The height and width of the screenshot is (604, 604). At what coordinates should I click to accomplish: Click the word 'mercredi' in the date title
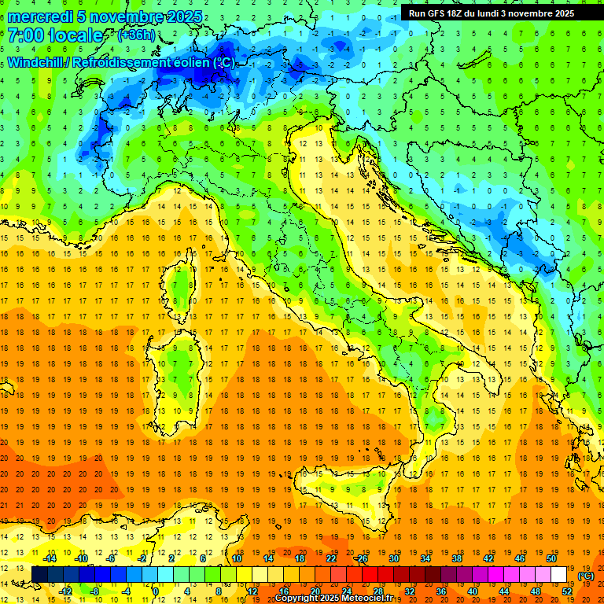(x=42, y=17)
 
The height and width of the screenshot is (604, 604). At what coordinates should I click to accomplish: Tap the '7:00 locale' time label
(x=55, y=36)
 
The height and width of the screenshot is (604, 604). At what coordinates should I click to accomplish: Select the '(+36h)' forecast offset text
(x=136, y=35)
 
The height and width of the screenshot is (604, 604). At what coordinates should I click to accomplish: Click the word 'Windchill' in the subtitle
(x=37, y=62)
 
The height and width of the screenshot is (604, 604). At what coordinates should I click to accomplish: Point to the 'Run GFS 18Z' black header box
(x=491, y=13)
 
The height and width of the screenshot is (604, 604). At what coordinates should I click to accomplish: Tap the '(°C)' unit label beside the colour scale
(x=586, y=576)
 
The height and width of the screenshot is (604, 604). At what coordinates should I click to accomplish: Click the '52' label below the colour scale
(x=567, y=591)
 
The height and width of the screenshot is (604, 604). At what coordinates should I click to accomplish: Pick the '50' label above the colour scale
(x=551, y=558)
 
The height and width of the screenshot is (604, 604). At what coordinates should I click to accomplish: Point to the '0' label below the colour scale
(x=156, y=591)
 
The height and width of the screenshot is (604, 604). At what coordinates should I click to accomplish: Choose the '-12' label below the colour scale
(x=65, y=591)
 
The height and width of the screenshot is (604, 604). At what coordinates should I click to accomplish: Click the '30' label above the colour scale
(x=393, y=558)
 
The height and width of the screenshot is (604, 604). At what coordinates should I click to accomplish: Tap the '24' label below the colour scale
(x=346, y=591)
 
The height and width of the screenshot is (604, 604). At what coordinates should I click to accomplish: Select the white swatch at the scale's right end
(x=558, y=574)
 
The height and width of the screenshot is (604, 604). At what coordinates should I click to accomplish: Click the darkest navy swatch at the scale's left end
(x=39, y=574)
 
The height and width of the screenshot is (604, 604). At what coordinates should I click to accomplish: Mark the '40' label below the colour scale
(x=472, y=591)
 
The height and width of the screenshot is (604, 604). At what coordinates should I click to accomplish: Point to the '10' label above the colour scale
(x=236, y=558)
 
